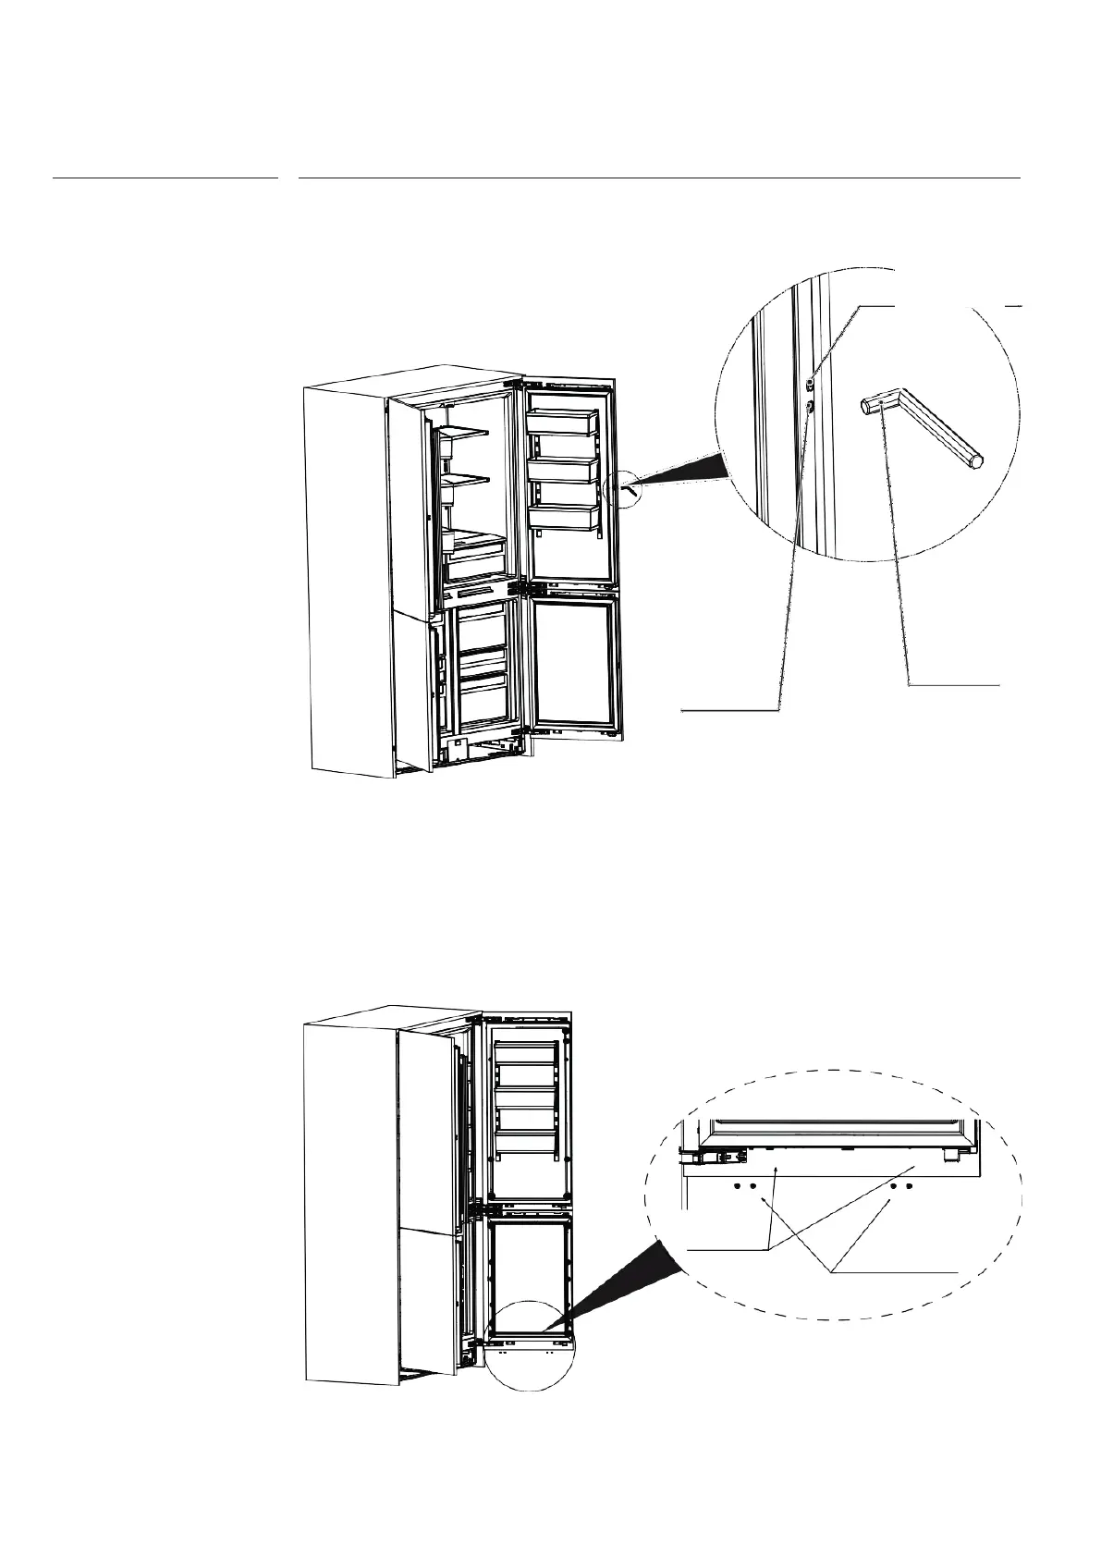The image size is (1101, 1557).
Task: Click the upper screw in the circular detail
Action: click(x=810, y=382)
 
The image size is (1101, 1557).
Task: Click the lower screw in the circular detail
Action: click(x=810, y=405)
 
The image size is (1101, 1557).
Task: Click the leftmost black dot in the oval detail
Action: click(x=737, y=1185)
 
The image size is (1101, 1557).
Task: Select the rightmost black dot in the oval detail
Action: click(x=910, y=1185)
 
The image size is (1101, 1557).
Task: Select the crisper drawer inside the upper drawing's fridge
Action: click(x=475, y=559)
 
